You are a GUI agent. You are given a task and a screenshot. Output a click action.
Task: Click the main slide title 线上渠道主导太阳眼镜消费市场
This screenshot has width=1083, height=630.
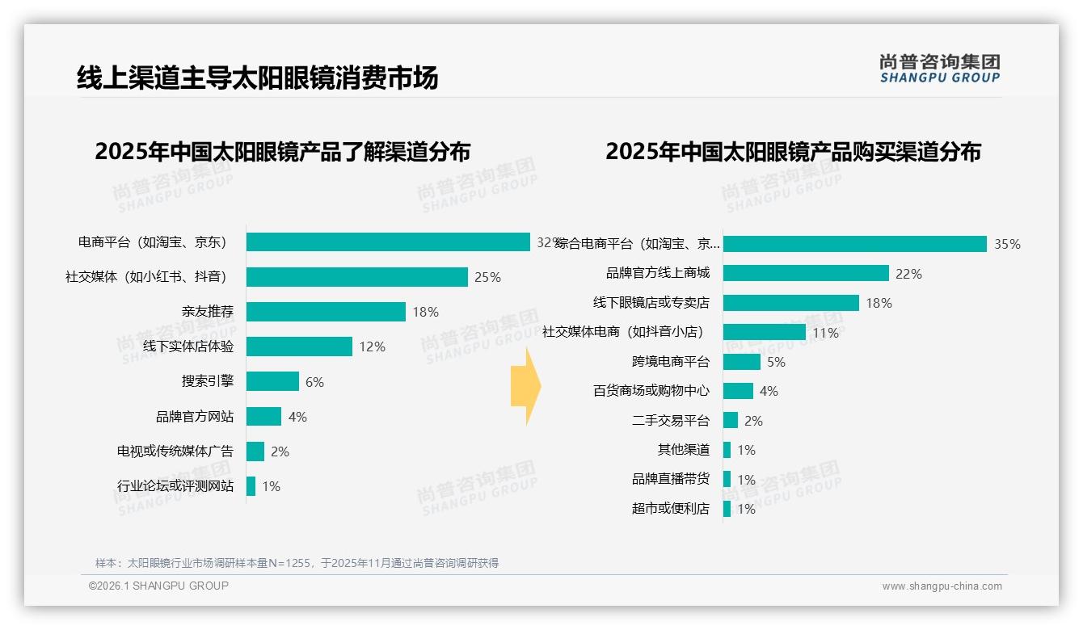click(257, 78)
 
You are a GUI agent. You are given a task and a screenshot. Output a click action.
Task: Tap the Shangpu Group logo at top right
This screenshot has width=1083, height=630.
click(939, 69)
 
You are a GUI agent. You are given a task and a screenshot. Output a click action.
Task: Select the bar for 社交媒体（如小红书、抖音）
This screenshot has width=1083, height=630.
click(356, 277)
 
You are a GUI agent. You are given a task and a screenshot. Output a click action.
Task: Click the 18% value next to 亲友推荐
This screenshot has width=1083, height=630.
click(425, 312)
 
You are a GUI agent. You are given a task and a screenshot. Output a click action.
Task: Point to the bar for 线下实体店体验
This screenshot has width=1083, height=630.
click(299, 346)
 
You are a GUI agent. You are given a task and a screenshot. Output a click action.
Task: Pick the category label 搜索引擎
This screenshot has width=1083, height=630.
click(207, 381)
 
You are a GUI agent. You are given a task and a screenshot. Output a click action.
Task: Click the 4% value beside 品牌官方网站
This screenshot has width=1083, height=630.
click(297, 417)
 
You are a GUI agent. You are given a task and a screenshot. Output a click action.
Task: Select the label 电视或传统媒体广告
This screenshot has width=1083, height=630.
click(175, 451)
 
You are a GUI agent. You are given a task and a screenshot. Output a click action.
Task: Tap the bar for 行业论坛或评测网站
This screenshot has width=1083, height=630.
click(251, 486)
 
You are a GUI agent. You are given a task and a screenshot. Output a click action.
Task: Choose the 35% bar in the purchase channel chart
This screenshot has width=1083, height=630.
click(854, 244)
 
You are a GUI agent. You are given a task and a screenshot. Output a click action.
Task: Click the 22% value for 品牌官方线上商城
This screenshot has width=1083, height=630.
click(908, 274)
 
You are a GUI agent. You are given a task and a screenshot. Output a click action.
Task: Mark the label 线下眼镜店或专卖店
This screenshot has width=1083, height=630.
click(651, 303)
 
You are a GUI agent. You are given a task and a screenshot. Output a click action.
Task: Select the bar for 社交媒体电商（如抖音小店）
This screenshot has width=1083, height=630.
click(764, 332)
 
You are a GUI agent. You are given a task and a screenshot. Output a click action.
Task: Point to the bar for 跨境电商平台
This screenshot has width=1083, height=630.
click(741, 362)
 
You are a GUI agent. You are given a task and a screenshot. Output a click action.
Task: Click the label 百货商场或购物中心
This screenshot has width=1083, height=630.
click(651, 391)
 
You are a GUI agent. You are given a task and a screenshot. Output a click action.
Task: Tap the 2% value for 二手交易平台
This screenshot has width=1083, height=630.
click(753, 421)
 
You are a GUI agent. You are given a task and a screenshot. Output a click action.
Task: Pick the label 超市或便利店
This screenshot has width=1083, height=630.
click(670, 509)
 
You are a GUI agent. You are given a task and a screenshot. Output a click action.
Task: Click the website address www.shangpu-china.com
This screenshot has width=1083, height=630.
click(942, 586)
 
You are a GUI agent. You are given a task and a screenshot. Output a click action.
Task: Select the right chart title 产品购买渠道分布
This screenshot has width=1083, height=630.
click(793, 152)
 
